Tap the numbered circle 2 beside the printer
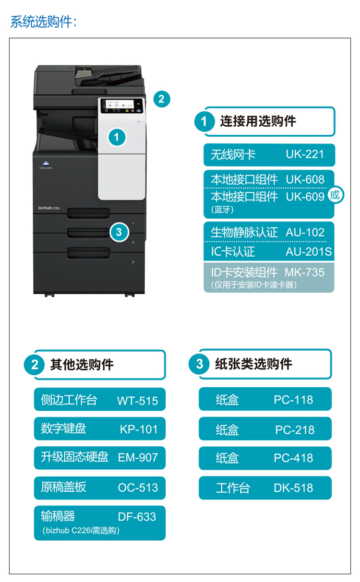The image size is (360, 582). pos(162,99)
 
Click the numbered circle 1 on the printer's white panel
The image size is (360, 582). pos(117,137)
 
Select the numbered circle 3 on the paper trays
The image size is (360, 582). pos(119,232)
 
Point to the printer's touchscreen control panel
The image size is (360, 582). pos(121,106)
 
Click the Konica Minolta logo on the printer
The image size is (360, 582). pos(46,165)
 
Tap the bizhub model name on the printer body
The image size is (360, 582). pos(49,208)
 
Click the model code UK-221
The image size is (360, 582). pos(305,154)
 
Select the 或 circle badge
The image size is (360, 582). pos(336,195)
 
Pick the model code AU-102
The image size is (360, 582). pos(305,232)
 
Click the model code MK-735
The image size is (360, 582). pos(304,273)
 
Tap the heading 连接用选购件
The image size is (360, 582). pos(258,121)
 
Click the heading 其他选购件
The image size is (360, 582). pos(82,365)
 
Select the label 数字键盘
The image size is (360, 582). pos(63,428)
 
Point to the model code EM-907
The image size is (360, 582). pos(138,458)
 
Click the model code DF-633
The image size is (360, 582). pos(137,517)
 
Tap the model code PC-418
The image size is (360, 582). pos(293,458)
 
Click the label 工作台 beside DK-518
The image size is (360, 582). pos(233,488)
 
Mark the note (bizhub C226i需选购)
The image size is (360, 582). pos(81,530)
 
